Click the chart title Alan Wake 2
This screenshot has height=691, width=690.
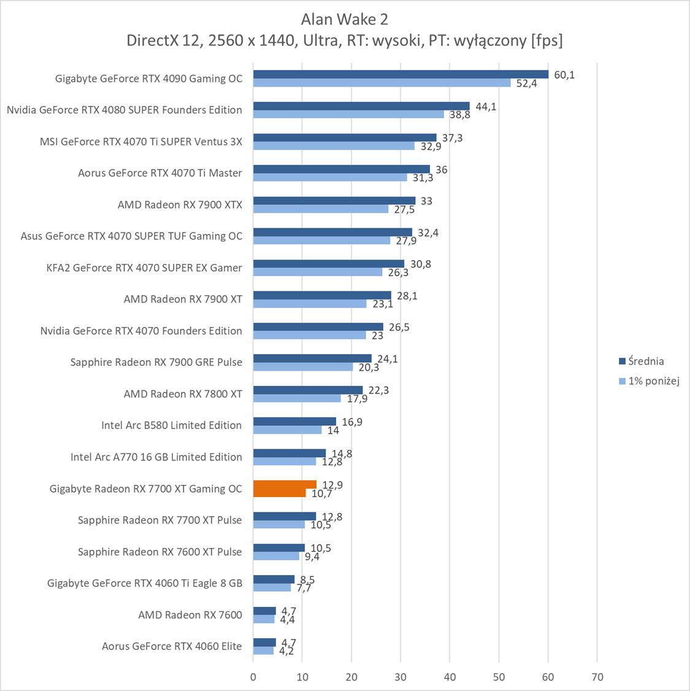tap(345, 20)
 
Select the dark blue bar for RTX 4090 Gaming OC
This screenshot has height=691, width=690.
tap(401, 74)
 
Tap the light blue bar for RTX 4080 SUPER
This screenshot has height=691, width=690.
tap(348, 114)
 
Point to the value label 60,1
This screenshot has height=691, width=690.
tap(564, 75)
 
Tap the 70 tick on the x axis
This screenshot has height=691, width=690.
tap(597, 677)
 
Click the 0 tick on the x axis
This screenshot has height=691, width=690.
tap(253, 677)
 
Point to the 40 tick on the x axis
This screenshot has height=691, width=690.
tap(450, 677)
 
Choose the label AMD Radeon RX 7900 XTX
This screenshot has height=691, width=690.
tap(180, 205)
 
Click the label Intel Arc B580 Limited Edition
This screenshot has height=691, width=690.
tap(171, 425)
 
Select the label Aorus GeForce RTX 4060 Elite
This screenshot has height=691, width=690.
tap(172, 646)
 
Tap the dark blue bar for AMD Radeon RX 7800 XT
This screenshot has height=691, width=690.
tap(308, 390)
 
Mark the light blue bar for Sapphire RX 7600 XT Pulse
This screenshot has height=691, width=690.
tap(276, 556)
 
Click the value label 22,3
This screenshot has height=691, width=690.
tap(378, 390)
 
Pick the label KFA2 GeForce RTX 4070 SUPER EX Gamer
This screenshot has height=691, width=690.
tap(144, 268)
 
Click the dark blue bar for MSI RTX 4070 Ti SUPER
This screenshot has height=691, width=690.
tap(345, 137)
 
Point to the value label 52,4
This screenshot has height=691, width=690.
tap(526, 83)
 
